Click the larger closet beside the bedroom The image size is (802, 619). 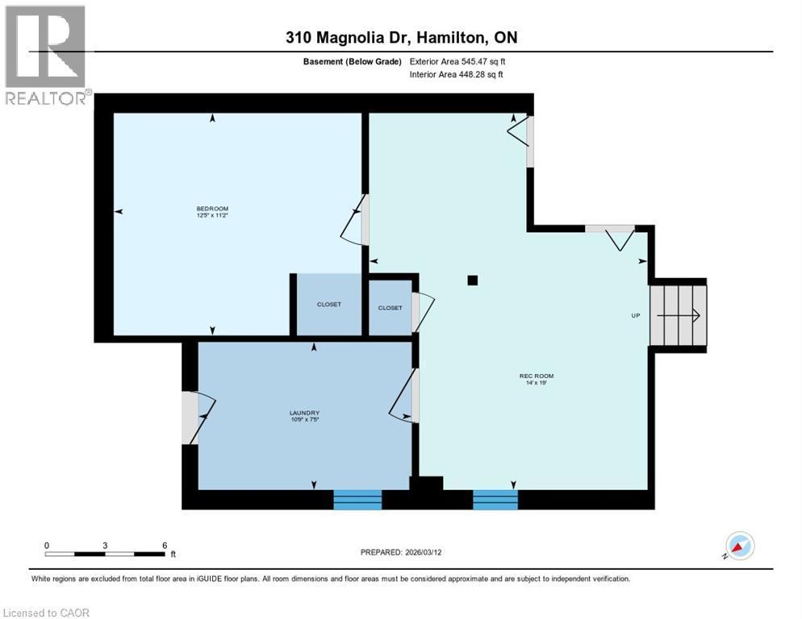click(x=328, y=305)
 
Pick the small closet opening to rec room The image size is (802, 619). click(x=390, y=307)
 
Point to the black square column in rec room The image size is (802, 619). click(x=473, y=280)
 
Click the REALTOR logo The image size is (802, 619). click(x=46, y=55)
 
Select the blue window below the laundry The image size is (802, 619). click(x=357, y=500)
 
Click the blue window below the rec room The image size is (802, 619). click(x=495, y=500)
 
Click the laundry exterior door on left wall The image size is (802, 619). click(x=194, y=417)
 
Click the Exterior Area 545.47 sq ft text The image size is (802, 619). click(x=457, y=61)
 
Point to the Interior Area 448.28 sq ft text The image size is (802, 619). click(x=457, y=75)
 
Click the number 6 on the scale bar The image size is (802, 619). click(x=165, y=545)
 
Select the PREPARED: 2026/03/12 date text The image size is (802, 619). click(x=400, y=552)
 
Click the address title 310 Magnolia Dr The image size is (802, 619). click(x=400, y=38)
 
